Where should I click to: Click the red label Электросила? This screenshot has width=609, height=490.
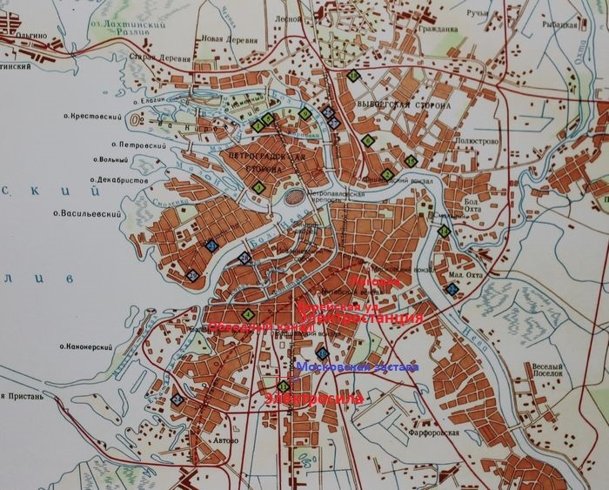click(x=314, y=398)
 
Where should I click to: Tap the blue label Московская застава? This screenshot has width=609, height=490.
click(x=358, y=368)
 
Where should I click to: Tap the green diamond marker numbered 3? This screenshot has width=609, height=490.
click(x=258, y=188)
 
